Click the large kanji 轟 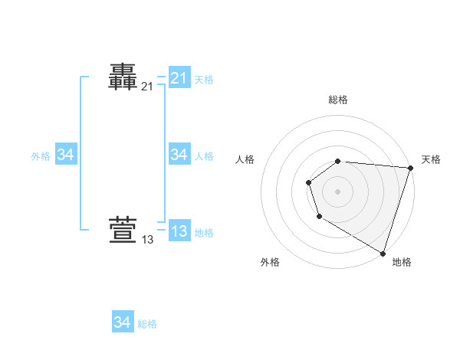(x=123, y=77)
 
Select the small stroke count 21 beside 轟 (x=147, y=87)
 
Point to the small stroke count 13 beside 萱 (x=147, y=240)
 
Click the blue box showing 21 (x=179, y=78)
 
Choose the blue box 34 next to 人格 (x=179, y=155)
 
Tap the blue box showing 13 (x=179, y=231)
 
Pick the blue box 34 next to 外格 (x=66, y=155)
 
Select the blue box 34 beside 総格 (x=122, y=322)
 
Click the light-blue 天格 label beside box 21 (x=203, y=79)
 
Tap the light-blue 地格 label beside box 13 (x=203, y=233)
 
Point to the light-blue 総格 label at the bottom (x=147, y=324)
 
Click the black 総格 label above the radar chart (x=338, y=100)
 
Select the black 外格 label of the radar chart (x=270, y=262)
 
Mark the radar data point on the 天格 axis (x=410, y=168)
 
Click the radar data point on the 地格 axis (x=383, y=252)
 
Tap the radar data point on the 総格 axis (x=338, y=161)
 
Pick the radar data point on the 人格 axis (x=308, y=182)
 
